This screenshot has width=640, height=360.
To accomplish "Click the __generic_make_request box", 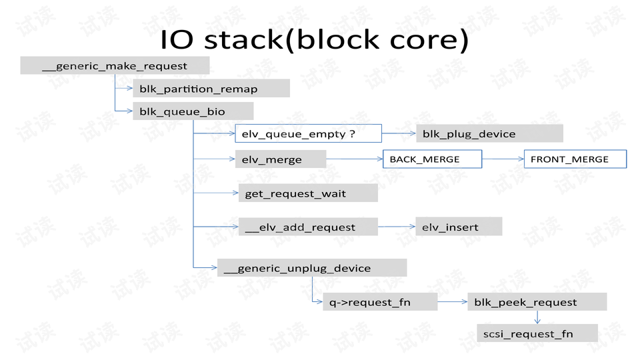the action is (115, 65).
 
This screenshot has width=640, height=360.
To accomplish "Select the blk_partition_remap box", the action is (211, 88).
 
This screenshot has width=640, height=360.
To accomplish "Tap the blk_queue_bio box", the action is (193, 111).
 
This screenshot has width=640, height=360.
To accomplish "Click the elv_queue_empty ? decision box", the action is (308, 133).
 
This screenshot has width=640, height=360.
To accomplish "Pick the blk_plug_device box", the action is (489, 133).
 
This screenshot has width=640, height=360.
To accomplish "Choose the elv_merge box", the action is (281, 159).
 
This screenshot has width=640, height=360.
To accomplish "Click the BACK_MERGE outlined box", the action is (432, 159).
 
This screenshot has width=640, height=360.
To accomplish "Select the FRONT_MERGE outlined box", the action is (575, 159).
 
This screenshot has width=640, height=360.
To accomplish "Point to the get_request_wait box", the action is (308, 193).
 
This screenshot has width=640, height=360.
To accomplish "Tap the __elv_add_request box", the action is (308, 227).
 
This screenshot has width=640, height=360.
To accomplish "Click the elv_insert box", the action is (459, 227).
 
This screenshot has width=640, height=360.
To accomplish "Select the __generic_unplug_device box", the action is (312, 268).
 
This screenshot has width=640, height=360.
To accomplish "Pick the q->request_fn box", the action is (380, 301).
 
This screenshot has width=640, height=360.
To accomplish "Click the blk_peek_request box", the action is (537, 301).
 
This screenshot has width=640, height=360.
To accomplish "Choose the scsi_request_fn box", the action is (537, 333).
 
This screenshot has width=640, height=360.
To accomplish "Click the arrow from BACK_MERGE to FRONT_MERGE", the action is (503, 159).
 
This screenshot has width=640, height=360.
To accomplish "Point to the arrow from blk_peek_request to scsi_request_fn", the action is (537, 317).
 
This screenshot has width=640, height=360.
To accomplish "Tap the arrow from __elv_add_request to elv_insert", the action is (396, 227).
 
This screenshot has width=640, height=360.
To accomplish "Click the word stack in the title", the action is (243, 40).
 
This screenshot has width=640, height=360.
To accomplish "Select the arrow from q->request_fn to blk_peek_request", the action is (453, 301).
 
